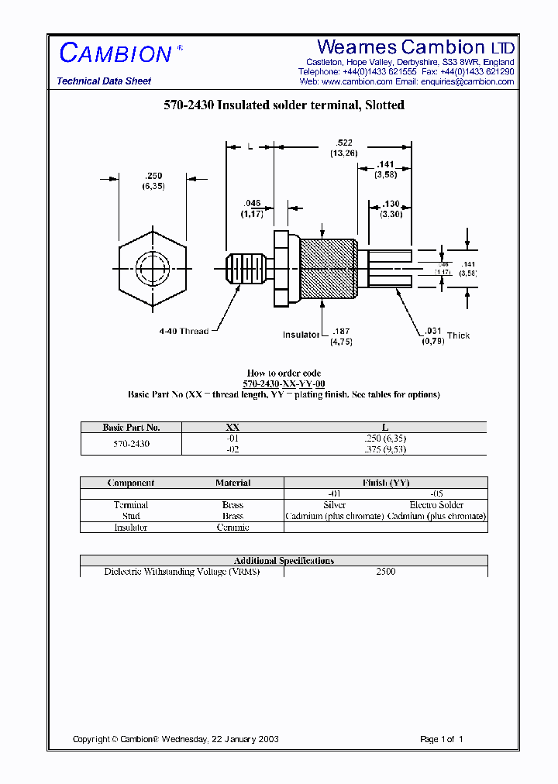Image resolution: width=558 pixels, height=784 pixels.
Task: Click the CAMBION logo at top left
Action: click(115, 53)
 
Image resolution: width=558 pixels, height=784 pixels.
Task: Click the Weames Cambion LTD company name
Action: click(415, 47)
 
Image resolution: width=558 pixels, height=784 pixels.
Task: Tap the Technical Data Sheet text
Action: click(104, 81)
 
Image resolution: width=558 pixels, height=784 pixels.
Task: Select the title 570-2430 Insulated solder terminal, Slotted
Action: click(284, 105)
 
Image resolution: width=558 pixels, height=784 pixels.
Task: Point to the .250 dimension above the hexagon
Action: click(153, 176)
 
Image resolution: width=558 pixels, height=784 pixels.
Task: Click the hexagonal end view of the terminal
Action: click(152, 270)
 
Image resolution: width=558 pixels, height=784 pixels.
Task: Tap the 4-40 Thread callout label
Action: click(184, 331)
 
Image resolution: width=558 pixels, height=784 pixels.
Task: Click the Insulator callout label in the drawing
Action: click(301, 335)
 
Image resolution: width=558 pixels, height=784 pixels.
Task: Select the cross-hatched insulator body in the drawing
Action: click(327, 270)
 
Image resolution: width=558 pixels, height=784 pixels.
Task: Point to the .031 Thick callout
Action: click(445, 335)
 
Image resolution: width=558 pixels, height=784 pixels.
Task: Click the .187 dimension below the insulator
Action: click(342, 332)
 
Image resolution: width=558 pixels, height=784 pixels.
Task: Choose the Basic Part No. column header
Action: click(131, 427)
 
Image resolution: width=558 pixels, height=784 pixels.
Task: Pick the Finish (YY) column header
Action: click(386, 483)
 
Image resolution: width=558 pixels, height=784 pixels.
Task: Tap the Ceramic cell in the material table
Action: click(232, 528)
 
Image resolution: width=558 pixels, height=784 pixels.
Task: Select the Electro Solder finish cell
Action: click(436, 505)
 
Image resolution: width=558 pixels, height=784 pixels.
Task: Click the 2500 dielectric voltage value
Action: click(385, 572)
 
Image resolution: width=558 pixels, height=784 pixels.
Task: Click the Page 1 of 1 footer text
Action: click(441, 739)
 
